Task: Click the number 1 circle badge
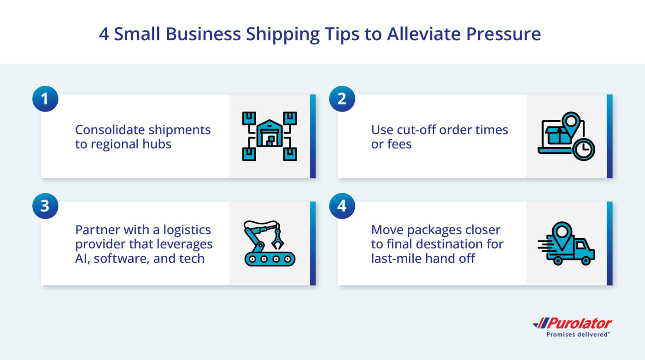coord(45,99)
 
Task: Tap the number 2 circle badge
coord(342,99)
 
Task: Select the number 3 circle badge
coord(45,206)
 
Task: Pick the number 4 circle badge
coord(342,206)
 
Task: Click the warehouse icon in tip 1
coord(270,133)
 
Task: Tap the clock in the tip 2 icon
coord(584,149)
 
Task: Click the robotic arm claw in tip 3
coord(277,239)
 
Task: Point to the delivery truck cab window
coord(580,245)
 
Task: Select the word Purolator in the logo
coord(580,324)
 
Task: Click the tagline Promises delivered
coord(577,334)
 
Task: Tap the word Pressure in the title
coord(503,34)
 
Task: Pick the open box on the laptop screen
coord(558,136)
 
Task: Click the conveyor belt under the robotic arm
coord(270,259)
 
